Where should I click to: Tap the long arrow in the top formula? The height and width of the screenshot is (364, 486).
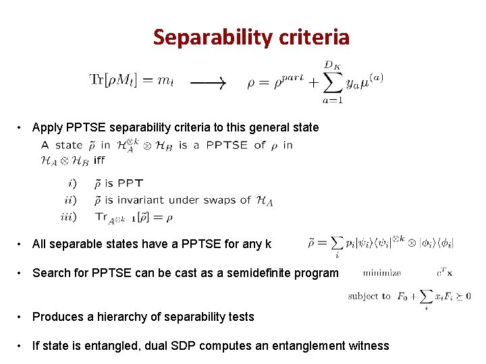pyautogui.click(x=208, y=83)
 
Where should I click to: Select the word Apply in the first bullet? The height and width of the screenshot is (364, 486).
pyautogui.click(x=47, y=127)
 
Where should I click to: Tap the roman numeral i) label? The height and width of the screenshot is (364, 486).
pyautogui.click(x=72, y=183)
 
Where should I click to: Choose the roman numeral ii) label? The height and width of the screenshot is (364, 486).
pyautogui.click(x=71, y=200)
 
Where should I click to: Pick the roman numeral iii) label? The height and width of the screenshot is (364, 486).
pyautogui.click(x=69, y=217)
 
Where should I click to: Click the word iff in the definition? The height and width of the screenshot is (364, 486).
pyautogui.click(x=99, y=160)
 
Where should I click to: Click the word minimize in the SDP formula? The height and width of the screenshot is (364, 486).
pyautogui.click(x=382, y=273)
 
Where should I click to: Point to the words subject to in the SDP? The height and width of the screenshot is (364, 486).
pyautogui.click(x=369, y=296)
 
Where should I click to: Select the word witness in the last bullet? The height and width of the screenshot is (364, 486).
pyautogui.click(x=369, y=346)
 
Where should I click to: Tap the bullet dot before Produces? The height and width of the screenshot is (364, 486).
pyautogui.click(x=22, y=317)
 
